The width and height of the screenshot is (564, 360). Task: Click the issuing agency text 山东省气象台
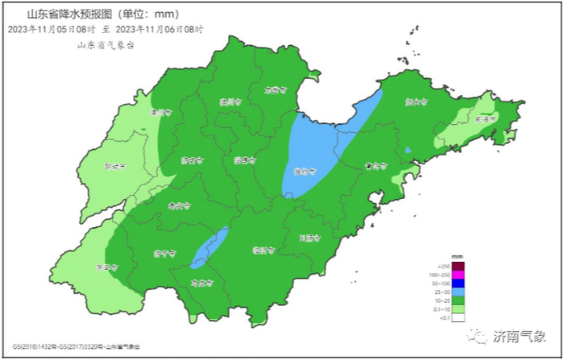click(x=105, y=45)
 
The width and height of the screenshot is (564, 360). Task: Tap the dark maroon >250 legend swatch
click(x=458, y=267)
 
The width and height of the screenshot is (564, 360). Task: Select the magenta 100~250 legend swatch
click(x=458, y=275)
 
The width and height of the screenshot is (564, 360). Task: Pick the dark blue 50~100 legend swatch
click(x=458, y=283)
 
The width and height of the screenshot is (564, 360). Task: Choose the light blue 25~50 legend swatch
click(x=458, y=292)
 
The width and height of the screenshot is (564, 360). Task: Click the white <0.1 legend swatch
click(x=458, y=317)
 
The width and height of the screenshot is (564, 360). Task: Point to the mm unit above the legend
click(x=457, y=256)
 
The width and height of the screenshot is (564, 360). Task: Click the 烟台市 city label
click(x=417, y=102)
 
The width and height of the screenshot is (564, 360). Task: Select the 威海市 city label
click(x=486, y=118)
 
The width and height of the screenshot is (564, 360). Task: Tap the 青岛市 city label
click(x=375, y=166)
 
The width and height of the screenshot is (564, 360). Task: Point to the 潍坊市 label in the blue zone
click(x=305, y=171)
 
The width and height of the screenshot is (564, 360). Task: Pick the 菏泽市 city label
click(x=107, y=267)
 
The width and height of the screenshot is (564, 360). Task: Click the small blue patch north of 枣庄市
click(x=210, y=246)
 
